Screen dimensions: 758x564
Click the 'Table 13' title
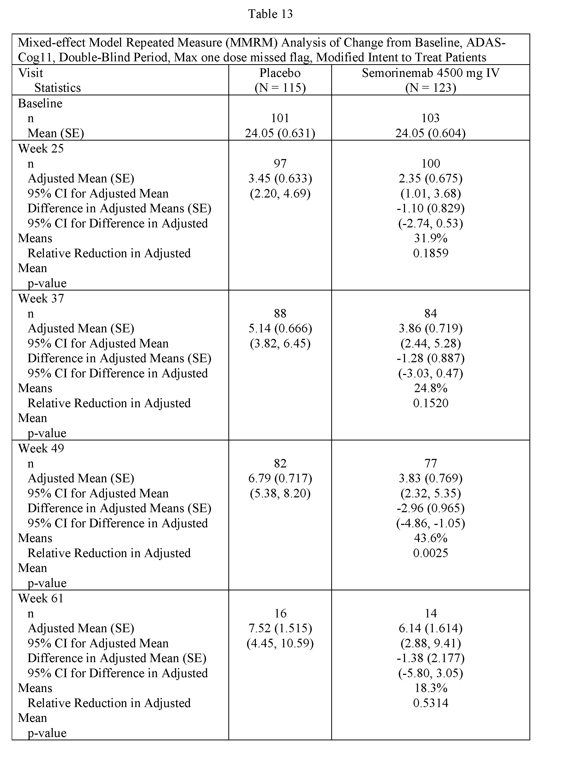(x=270, y=14)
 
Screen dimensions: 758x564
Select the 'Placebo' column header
(x=280, y=73)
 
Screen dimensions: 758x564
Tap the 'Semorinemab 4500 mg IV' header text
(x=430, y=73)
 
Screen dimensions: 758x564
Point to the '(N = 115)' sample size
(x=280, y=88)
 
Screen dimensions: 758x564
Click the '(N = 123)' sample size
(x=430, y=88)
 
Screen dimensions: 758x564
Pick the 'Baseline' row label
(x=40, y=103)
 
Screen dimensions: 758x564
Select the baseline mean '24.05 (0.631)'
(x=280, y=133)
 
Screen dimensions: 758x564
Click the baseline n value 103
(x=430, y=118)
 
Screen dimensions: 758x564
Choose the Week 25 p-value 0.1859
(x=430, y=253)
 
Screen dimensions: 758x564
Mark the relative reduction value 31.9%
(x=430, y=238)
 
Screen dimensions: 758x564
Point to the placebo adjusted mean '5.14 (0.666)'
(x=280, y=328)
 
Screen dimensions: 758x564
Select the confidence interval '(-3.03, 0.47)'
(x=430, y=373)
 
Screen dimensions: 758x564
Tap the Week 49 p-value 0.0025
(x=430, y=553)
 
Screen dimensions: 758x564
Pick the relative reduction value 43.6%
(x=430, y=538)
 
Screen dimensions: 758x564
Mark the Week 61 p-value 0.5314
(x=430, y=703)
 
